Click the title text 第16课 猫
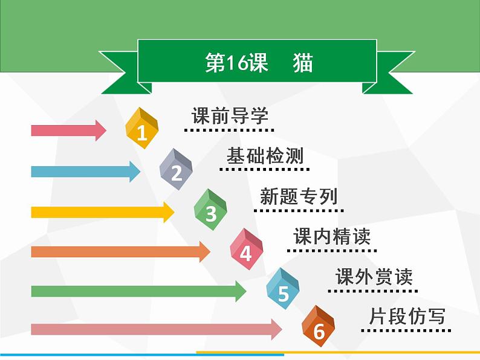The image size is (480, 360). pyautogui.click(x=258, y=63)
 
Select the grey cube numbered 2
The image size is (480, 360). pyautogui.click(x=176, y=169)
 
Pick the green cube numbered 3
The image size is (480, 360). pyautogui.click(x=210, y=210)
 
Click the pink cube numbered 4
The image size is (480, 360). pyautogui.click(x=246, y=249)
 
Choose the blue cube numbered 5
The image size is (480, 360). pyautogui.click(x=283, y=289)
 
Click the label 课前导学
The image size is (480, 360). pyautogui.click(x=229, y=115)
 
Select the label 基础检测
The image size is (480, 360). pyautogui.click(x=265, y=156)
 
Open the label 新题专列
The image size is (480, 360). pyautogui.click(x=299, y=196)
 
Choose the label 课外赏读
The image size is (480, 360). pyautogui.click(x=374, y=277)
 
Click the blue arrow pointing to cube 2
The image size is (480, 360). pyautogui.click(x=85, y=172)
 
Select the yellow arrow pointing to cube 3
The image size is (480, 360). pyautogui.click(x=102, y=211)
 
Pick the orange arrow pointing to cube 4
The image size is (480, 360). pyautogui.click(x=120, y=251)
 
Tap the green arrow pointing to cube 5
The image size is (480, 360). pyautogui.click(x=138, y=291)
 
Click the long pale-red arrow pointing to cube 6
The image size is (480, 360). pyautogui.click(x=157, y=329)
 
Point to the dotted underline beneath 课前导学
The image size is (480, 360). pyautogui.click(x=229, y=129)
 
